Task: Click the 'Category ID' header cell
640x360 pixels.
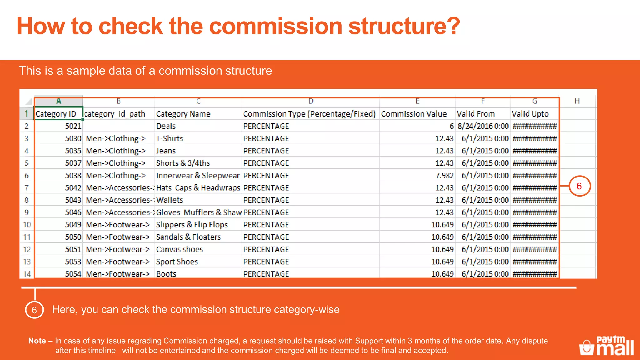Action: (x=56, y=114)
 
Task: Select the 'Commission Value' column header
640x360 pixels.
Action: (x=414, y=114)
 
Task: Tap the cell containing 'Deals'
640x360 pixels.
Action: (x=166, y=126)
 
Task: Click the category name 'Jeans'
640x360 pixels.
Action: (x=166, y=151)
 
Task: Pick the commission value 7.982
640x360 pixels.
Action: (x=444, y=176)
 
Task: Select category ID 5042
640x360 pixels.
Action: (x=73, y=188)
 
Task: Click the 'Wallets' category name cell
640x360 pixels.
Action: (x=170, y=200)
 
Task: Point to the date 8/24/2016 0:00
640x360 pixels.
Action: (x=483, y=126)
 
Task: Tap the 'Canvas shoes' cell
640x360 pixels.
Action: (x=180, y=249)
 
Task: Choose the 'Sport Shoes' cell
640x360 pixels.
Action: (x=177, y=262)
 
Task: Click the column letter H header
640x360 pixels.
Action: (x=577, y=101)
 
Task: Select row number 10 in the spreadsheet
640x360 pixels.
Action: (x=27, y=225)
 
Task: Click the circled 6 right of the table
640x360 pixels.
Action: (x=579, y=186)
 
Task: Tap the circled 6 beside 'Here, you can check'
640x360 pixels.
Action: (x=34, y=310)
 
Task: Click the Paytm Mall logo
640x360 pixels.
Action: (x=607, y=346)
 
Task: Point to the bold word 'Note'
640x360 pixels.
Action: (x=37, y=341)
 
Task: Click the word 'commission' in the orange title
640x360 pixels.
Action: (x=275, y=26)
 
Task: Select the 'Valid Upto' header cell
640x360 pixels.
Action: (x=530, y=114)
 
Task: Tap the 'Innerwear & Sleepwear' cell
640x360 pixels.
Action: (x=198, y=176)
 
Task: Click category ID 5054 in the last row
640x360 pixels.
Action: (x=73, y=274)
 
